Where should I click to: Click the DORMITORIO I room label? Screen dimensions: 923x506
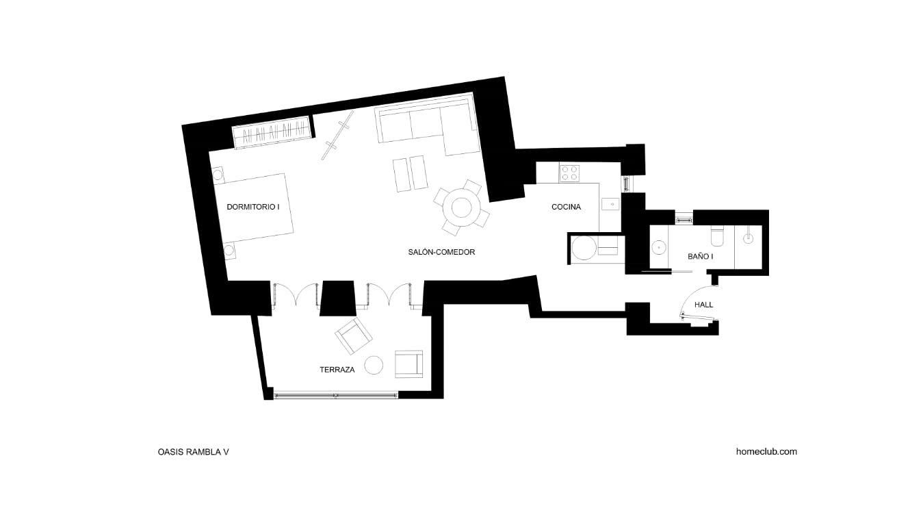pos(253,207)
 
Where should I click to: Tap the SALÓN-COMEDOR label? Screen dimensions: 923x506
pos(441,252)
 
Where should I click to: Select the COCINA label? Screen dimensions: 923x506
pos(566,207)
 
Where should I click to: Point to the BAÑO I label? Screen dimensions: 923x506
pos(701,256)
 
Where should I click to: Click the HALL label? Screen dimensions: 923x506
pos(704,305)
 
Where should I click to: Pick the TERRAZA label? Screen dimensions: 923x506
pos(337,370)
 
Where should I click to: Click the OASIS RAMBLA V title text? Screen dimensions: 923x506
pos(193,451)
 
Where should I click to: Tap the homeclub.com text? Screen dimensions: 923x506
pos(766,451)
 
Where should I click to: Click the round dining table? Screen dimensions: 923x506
pos(461,207)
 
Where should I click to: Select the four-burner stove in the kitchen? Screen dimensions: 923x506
pos(570,173)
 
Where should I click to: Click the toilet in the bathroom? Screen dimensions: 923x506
pos(717,235)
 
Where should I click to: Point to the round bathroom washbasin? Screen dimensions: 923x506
pos(660,247)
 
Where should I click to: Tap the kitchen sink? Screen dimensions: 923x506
pos(610,204)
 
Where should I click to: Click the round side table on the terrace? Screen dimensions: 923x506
pos(374,365)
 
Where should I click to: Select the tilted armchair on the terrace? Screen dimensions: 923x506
pos(354,336)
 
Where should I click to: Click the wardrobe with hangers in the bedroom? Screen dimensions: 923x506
pos(272,132)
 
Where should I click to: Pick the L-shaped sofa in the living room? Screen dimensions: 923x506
pos(428,125)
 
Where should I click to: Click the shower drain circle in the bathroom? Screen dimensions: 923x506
pos(748,238)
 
